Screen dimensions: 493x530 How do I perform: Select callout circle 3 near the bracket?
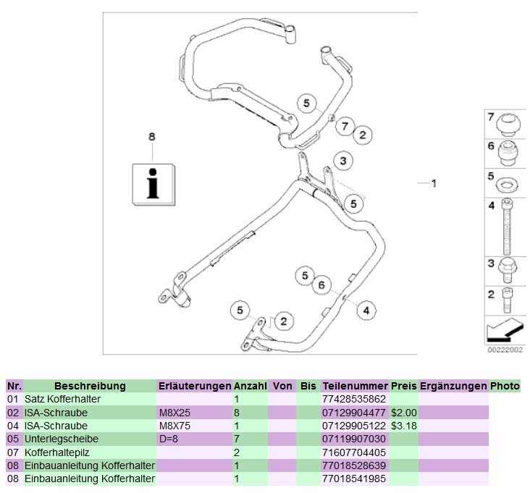tap(343, 161)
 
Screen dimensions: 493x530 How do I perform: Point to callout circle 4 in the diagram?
tap(366, 311)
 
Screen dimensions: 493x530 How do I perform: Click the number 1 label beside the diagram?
tap(433, 184)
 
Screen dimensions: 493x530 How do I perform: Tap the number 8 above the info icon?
tap(151, 136)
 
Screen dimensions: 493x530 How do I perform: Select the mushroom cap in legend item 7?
tap(507, 123)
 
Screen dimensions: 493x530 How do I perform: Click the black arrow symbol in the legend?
tap(503, 330)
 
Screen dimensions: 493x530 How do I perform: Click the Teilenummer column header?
tap(355, 386)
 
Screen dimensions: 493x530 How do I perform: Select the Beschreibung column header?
tap(90, 386)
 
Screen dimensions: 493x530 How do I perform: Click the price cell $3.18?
tap(403, 426)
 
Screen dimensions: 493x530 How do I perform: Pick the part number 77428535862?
tap(355, 399)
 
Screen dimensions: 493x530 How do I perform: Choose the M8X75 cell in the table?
tap(173, 426)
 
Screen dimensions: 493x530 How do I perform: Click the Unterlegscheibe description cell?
tap(61, 439)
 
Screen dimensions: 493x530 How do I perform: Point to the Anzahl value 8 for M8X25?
tap(237, 413)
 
